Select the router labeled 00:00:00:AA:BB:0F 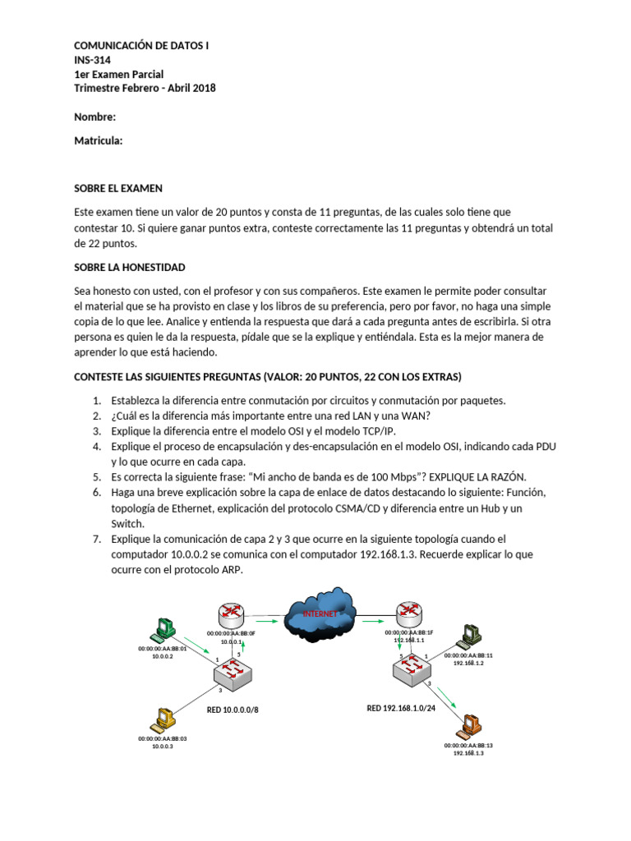click(x=232, y=614)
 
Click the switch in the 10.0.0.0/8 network click(x=234, y=673)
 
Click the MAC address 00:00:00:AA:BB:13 click(x=468, y=745)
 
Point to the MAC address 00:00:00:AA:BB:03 click(x=163, y=738)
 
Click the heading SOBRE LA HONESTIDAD click(x=130, y=268)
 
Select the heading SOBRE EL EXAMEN click(x=118, y=188)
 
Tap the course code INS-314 click(x=92, y=60)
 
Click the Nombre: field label click(x=94, y=117)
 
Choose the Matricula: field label click(x=99, y=140)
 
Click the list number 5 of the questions click(x=96, y=476)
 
